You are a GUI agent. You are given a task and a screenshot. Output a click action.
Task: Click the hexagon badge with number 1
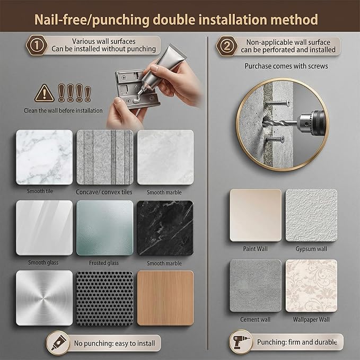pos(37,45)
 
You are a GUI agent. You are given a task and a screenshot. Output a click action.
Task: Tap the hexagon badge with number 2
pos(226,46)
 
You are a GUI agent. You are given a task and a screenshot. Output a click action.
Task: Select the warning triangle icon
pos(45,93)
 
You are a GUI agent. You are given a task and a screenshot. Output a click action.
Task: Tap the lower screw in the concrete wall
pos(275,139)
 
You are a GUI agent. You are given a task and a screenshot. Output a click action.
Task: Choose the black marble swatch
pos(165,228)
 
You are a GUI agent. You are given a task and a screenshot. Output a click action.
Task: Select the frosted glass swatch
pos(104,228)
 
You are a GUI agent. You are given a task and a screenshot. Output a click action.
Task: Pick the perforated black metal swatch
pos(104,298)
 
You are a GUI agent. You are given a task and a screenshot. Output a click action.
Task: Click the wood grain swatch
pos(165,298)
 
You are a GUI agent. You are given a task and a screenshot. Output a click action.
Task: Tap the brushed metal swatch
pos(45,298)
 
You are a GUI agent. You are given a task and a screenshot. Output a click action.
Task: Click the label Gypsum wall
pos(311,249)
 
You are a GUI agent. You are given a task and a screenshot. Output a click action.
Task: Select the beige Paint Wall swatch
pos(256,215)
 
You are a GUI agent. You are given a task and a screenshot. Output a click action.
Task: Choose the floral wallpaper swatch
pos(311,286)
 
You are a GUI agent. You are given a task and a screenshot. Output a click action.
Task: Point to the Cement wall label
pos(256,319)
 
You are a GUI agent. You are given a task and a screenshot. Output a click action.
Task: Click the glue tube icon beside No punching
pos(58,343)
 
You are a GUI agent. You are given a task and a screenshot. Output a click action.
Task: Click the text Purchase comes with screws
pos(286,66)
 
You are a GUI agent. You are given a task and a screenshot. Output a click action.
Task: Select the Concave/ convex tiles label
pos(104,192)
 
